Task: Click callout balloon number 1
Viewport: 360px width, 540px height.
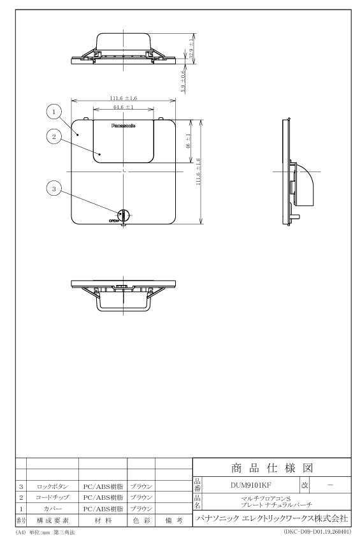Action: click(x=54, y=112)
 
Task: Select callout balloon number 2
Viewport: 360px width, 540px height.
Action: click(x=54, y=136)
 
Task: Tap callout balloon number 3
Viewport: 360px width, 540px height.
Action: click(x=54, y=189)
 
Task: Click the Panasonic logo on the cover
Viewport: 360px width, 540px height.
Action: click(x=123, y=126)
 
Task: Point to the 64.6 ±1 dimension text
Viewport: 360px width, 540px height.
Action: click(x=123, y=106)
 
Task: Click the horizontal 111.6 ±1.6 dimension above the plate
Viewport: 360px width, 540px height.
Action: click(x=123, y=98)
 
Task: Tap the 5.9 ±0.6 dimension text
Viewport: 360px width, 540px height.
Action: click(x=183, y=82)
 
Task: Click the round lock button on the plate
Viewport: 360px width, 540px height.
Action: click(x=123, y=215)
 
